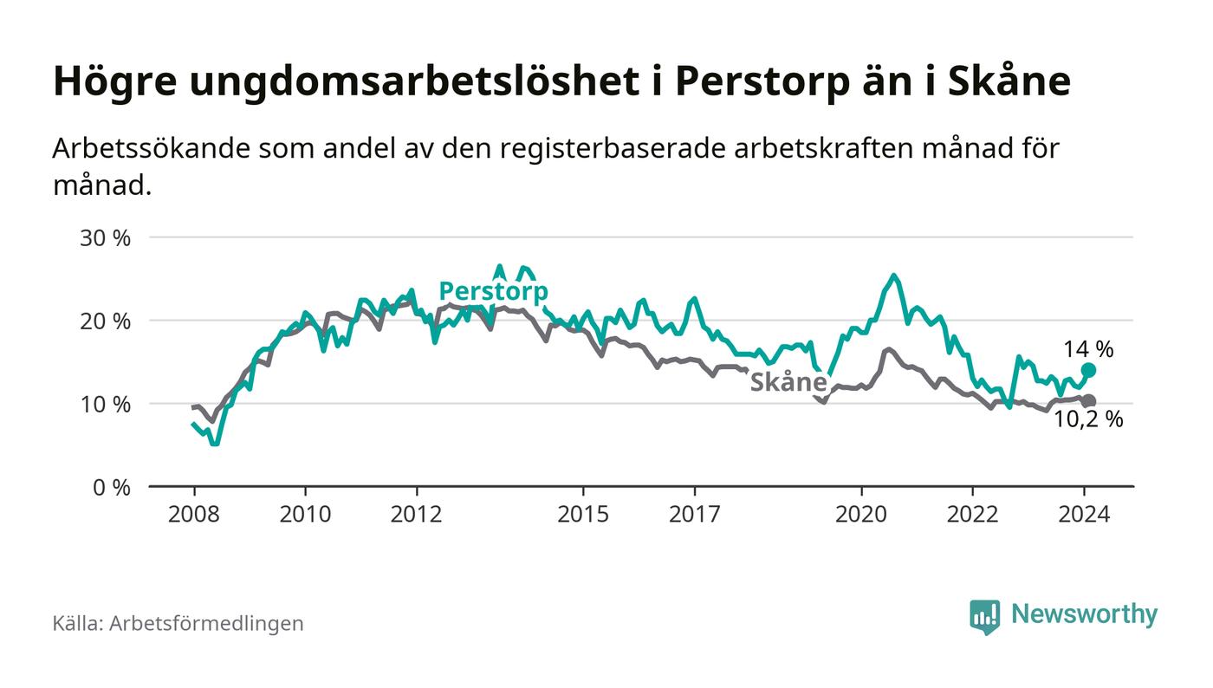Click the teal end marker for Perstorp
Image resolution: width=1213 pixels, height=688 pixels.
pyautogui.click(x=1089, y=370)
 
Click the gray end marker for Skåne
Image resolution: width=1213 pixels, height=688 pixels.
pyautogui.click(x=1089, y=401)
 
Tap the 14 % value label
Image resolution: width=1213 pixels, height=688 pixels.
pyautogui.click(x=1088, y=349)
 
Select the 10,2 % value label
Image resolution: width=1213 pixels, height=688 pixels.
pyautogui.click(x=1088, y=420)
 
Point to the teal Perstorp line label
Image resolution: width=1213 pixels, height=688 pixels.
pyautogui.click(x=493, y=291)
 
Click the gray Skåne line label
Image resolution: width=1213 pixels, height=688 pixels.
pyautogui.click(x=788, y=382)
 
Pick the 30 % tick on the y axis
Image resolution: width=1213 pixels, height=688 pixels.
pyautogui.click(x=105, y=237)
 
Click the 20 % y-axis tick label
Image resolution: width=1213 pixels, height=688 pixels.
pyautogui.click(x=105, y=321)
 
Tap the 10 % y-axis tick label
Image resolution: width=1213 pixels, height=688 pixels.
pyautogui.click(x=105, y=404)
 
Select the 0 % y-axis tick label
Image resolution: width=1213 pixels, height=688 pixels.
pyautogui.click(x=110, y=487)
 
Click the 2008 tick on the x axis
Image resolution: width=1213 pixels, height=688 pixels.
pyautogui.click(x=194, y=514)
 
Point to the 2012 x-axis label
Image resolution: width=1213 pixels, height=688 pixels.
pyautogui.click(x=417, y=514)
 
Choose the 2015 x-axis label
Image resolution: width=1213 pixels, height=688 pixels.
pyautogui.click(x=583, y=514)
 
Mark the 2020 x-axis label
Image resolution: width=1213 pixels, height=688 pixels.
pyautogui.click(x=861, y=514)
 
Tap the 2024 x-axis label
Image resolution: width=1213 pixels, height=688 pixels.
pyautogui.click(x=1084, y=514)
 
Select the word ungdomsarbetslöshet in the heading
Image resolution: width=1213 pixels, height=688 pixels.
pyautogui.click(x=389, y=82)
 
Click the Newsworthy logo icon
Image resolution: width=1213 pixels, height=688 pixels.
pyautogui.click(x=984, y=616)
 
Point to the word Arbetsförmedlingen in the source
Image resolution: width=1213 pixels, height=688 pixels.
pyautogui.click(x=206, y=623)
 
